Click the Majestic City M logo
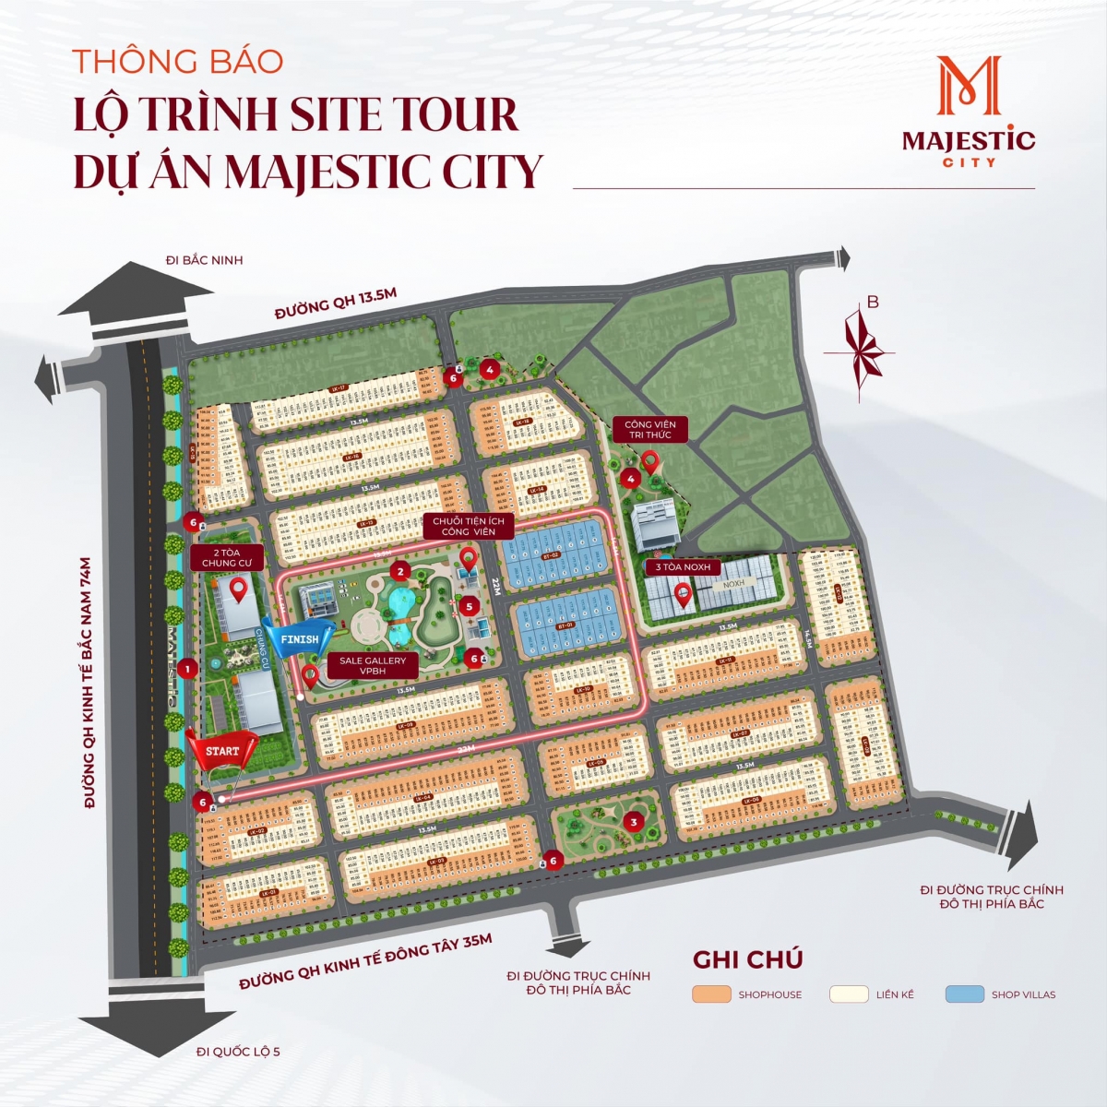(969, 87)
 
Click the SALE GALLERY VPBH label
(373, 666)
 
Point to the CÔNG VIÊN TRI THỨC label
(650, 430)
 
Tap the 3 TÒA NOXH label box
(684, 566)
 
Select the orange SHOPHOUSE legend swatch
(711, 994)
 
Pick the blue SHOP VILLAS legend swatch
(964, 994)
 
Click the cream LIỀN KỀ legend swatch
(849, 994)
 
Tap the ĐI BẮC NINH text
(204, 260)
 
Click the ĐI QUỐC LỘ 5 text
(238, 1051)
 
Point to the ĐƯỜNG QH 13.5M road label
(336, 304)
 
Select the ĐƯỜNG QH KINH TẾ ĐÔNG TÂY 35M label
(366, 961)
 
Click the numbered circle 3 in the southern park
(633, 821)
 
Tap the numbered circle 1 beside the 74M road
(187, 669)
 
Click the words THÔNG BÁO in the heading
(178, 61)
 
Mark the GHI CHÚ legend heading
(747, 959)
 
